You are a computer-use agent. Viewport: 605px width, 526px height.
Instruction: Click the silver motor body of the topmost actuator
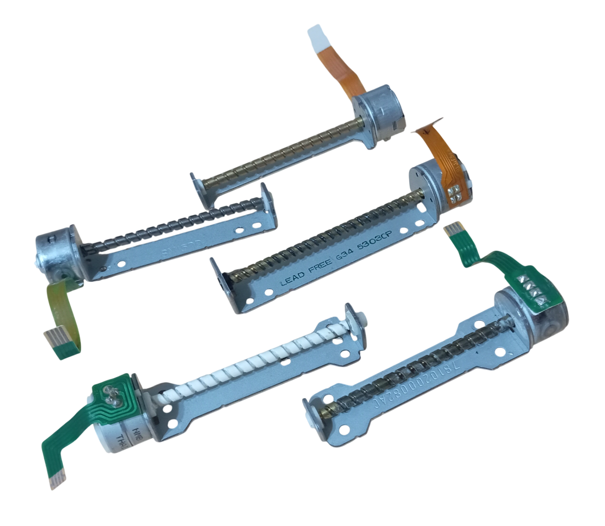380,112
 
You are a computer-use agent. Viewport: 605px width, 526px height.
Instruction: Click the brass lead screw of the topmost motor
284,151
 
